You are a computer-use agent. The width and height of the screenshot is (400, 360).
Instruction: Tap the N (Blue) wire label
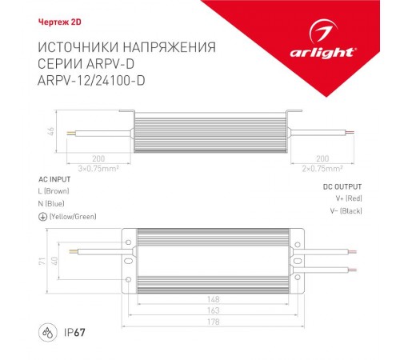point(53,204)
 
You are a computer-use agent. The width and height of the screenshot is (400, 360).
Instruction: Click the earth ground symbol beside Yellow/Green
point(42,217)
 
